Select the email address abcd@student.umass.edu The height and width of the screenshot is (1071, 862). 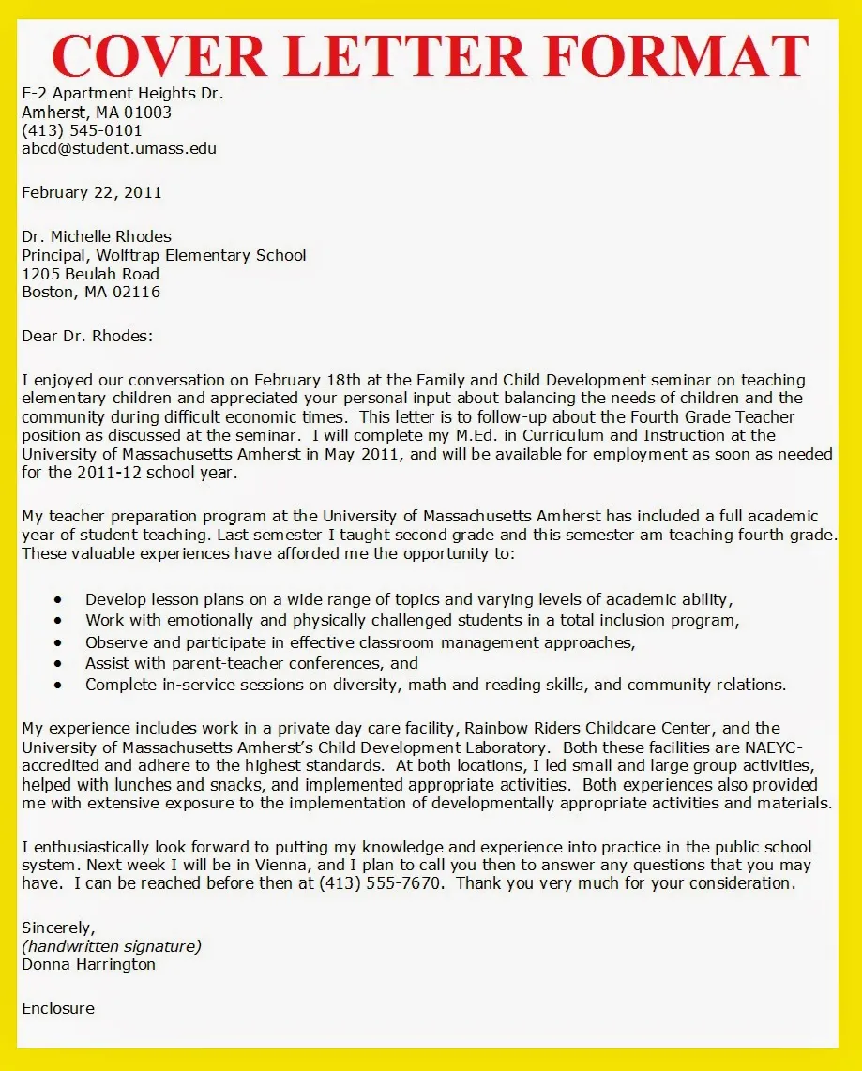(119, 148)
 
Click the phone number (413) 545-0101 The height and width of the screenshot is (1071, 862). (82, 130)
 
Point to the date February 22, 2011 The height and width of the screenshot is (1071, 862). (91, 192)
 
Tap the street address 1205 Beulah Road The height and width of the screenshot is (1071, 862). (90, 274)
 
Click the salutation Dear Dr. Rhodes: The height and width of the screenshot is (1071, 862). (86, 336)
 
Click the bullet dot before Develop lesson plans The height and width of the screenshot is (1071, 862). (59, 599)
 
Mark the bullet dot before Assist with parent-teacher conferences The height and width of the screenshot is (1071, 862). (59, 663)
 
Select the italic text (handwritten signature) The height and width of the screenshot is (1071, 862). (112, 945)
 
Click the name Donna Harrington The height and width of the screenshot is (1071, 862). (88, 964)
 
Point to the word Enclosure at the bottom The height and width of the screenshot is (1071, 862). (58, 1008)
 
